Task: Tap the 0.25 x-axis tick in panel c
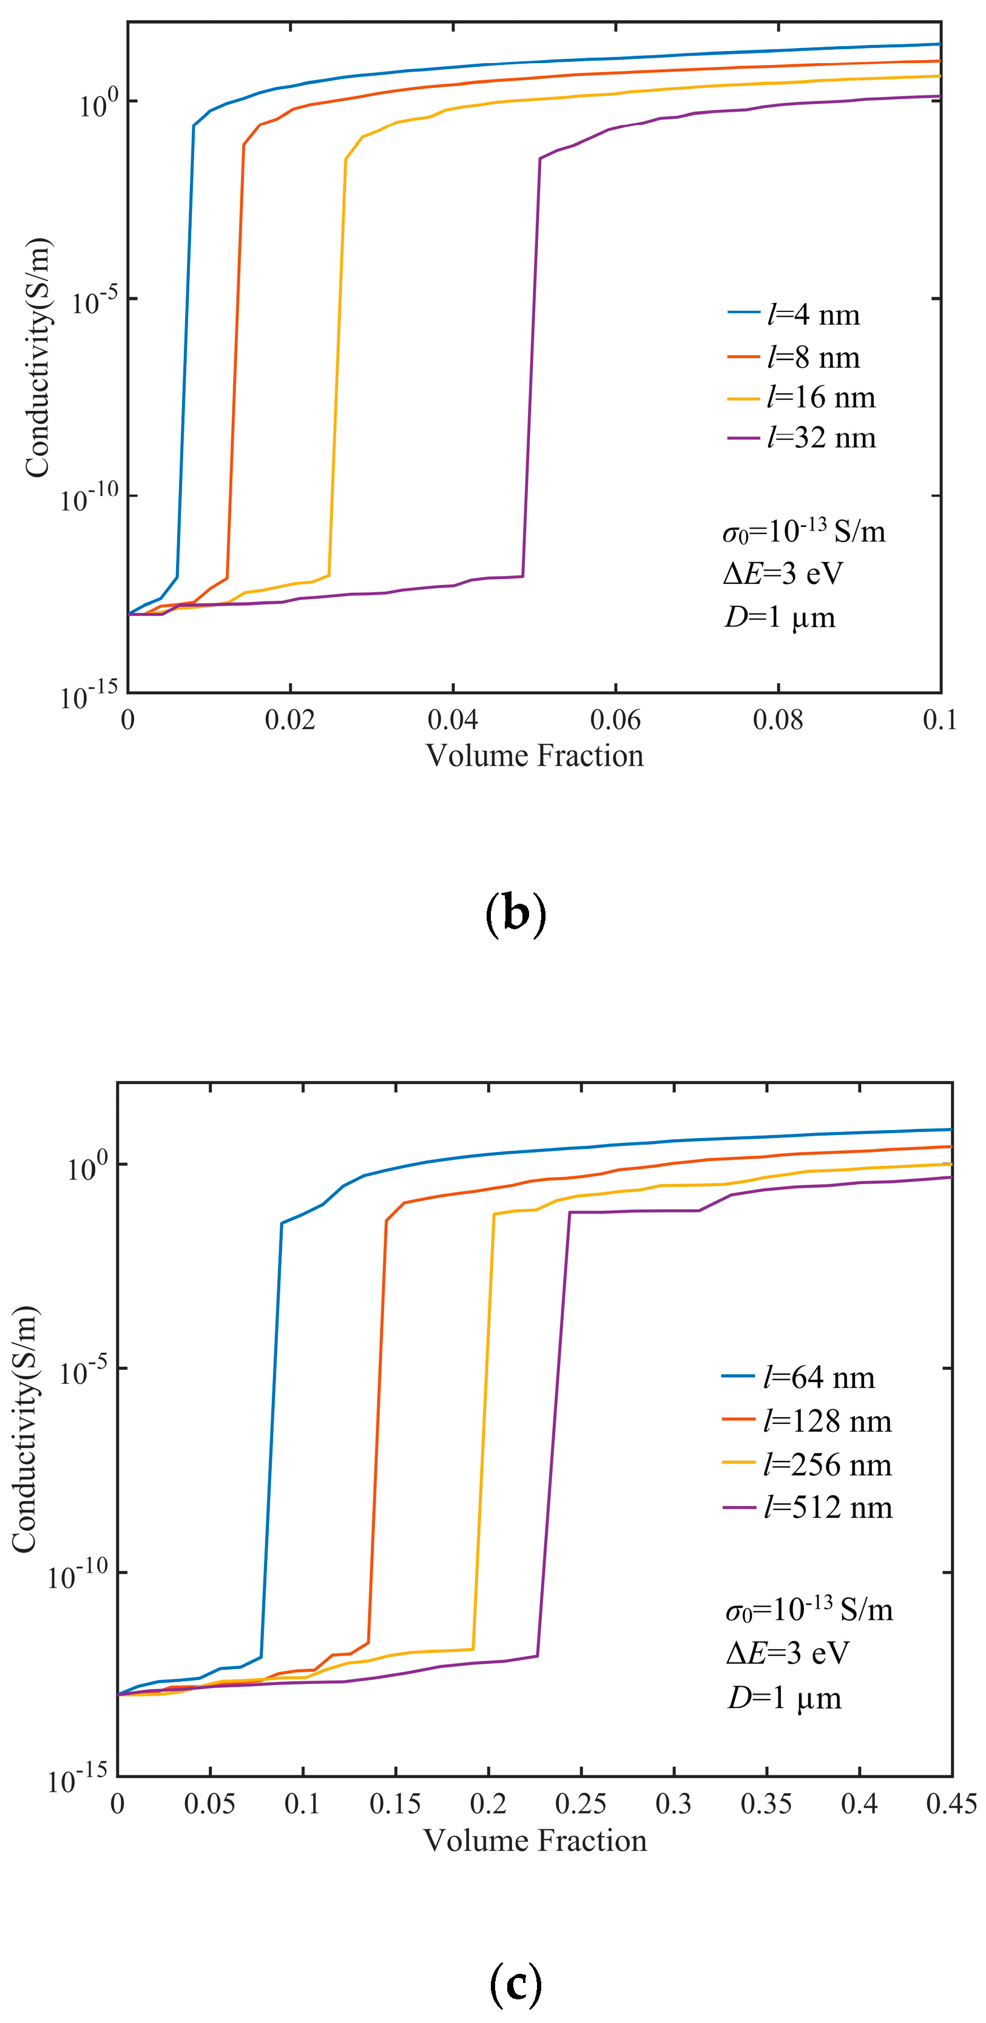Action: pyautogui.click(x=581, y=1804)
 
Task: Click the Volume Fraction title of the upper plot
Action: pyautogui.click(x=535, y=756)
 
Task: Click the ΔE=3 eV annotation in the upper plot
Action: pyautogui.click(x=782, y=574)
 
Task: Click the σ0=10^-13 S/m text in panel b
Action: pyautogui.click(x=803, y=532)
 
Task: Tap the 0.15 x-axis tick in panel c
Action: pyautogui.click(x=396, y=1804)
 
